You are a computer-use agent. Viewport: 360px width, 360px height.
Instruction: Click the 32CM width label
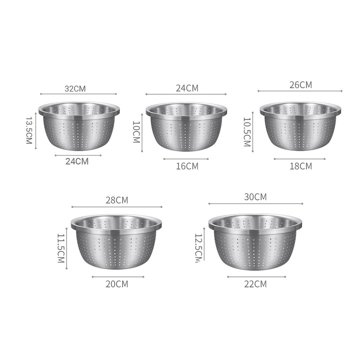[75, 88]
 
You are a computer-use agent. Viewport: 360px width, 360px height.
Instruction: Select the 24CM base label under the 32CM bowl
[77, 161]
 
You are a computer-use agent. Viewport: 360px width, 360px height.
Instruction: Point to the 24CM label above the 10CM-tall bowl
[187, 88]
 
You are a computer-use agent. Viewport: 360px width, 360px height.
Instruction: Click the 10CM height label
[136, 132]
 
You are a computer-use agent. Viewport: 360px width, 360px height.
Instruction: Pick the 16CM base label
[187, 166]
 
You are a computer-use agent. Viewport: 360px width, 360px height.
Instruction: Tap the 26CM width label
[301, 85]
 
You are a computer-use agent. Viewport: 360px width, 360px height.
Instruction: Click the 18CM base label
[301, 166]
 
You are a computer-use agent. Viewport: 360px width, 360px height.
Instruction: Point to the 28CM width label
[117, 200]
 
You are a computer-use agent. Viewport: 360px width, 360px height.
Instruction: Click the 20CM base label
[117, 284]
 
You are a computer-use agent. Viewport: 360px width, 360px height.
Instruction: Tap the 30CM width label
[255, 197]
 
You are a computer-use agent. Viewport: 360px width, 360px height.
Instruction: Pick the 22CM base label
[255, 284]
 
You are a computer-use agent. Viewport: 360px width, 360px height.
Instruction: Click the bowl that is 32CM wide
[78, 126]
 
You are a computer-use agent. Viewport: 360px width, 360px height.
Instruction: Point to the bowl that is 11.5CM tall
[116, 243]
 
